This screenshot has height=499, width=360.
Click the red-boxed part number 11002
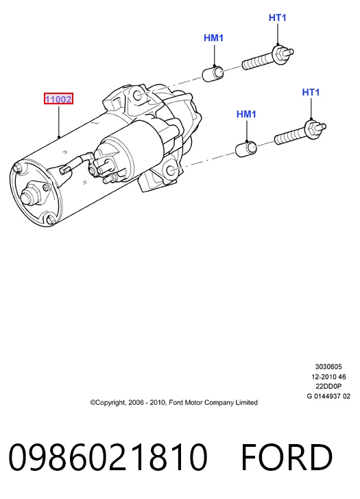pyautogui.click(x=58, y=100)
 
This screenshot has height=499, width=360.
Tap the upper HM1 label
pyautogui.click(x=214, y=38)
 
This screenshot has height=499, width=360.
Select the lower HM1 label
pyautogui.click(x=246, y=114)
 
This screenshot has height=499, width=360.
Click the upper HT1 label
pyautogui.click(x=278, y=18)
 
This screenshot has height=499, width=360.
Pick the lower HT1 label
pyautogui.click(x=311, y=92)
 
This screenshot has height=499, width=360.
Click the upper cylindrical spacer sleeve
pyautogui.click(x=213, y=74)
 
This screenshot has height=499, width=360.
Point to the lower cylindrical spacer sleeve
pyautogui.click(x=246, y=149)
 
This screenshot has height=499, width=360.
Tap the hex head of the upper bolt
pyautogui.click(x=280, y=53)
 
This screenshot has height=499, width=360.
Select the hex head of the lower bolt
pyautogui.click(x=312, y=127)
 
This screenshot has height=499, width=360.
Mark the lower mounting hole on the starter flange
pyautogui.click(x=171, y=170)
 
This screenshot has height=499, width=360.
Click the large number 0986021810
pyautogui.click(x=108, y=457)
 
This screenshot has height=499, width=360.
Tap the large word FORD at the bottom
pyautogui.click(x=287, y=457)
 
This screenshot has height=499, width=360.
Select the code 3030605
pyautogui.click(x=328, y=367)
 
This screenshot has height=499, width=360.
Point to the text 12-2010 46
pyautogui.click(x=328, y=377)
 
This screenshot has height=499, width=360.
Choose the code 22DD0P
pyautogui.click(x=328, y=386)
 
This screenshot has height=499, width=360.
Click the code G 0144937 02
pyautogui.click(x=328, y=396)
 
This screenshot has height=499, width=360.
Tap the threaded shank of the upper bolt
pyautogui.click(x=257, y=62)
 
